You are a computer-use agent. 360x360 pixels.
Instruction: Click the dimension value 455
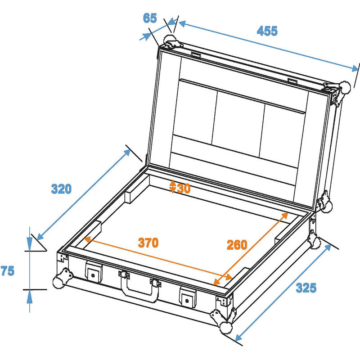point(267,31)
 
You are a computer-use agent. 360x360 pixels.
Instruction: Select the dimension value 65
point(150,18)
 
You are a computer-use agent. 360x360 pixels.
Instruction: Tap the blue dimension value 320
point(61,189)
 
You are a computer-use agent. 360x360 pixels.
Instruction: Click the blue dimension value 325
point(306,287)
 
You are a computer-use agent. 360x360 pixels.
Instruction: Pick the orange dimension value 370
point(148,243)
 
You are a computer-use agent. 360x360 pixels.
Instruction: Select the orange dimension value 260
point(237,245)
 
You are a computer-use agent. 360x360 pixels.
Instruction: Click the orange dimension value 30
point(184,188)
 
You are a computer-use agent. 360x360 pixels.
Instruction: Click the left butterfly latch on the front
point(94,273)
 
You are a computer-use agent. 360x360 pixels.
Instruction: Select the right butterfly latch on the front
point(188,296)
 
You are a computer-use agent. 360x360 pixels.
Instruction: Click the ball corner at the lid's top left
point(171,39)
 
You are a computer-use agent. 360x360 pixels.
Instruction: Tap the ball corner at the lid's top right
point(344,86)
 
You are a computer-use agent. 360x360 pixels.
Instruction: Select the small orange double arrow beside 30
point(173,186)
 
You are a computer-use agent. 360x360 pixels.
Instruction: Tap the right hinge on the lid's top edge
point(292,81)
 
